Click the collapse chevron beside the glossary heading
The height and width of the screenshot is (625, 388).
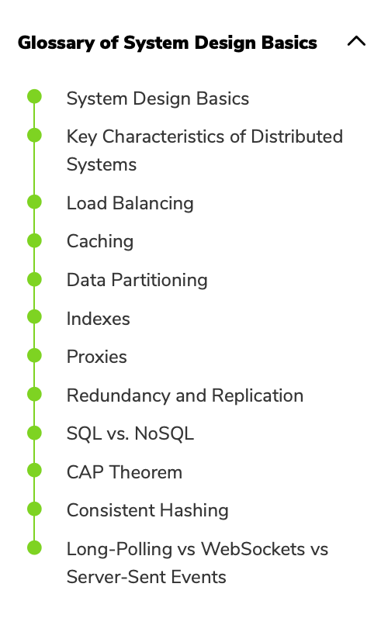(x=356, y=41)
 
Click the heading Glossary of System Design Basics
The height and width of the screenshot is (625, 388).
(x=168, y=43)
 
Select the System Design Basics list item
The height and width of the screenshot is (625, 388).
(x=158, y=98)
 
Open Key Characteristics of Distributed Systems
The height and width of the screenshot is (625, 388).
(x=205, y=150)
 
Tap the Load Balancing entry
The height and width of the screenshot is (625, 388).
(x=130, y=203)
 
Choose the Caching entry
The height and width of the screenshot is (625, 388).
(x=100, y=242)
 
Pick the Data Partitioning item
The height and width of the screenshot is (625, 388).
(x=137, y=280)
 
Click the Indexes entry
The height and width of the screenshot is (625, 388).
(x=98, y=319)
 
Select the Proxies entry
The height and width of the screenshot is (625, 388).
(x=96, y=357)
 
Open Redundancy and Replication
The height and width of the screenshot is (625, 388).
(x=185, y=395)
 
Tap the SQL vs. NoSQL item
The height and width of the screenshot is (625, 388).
(x=130, y=433)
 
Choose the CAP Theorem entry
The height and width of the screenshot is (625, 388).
(x=124, y=472)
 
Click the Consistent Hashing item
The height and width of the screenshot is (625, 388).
(x=147, y=510)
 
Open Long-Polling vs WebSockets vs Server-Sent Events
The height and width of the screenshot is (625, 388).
(x=197, y=563)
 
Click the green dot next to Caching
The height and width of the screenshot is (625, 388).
(x=34, y=240)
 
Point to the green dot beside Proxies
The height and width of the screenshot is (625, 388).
(x=34, y=355)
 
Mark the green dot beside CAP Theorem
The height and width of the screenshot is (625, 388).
(x=34, y=471)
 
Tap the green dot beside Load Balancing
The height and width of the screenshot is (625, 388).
(x=34, y=202)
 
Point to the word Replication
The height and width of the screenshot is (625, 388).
(x=258, y=395)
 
